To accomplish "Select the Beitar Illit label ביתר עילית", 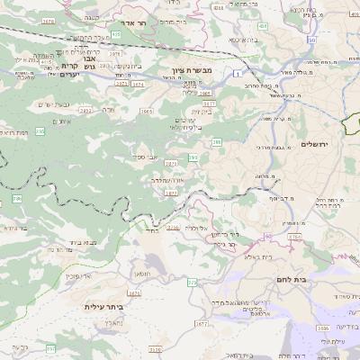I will (x=102, y=307).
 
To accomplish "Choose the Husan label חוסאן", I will (x=143, y=272).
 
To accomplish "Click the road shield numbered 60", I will (x=267, y=236).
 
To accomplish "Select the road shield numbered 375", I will (x=190, y=283).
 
